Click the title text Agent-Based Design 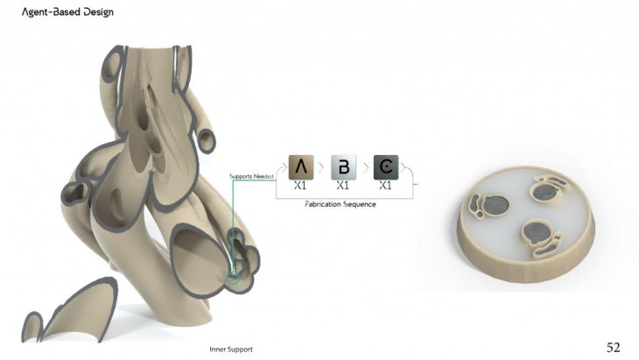pyautogui.click(x=67, y=12)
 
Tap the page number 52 pyautogui.click(x=614, y=348)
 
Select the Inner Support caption pyautogui.click(x=231, y=349)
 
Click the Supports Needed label pyautogui.click(x=251, y=176)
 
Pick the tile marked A pyautogui.click(x=301, y=167)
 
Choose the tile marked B pyautogui.click(x=343, y=167)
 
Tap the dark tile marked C pyautogui.click(x=386, y=167)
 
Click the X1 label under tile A pyautogui.click(x=300, y=186)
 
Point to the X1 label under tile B pyautogui.click(x=343, y=186)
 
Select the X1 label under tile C pyautogui.click(x=385, y=186)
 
